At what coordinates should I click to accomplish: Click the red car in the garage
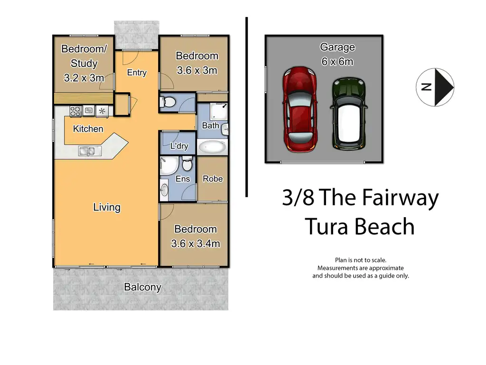tap(300, 110)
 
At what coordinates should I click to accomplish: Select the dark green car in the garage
tap(349, 114)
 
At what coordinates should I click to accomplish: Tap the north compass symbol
tap(435, 87)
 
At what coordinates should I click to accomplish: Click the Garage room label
tap(337, 47)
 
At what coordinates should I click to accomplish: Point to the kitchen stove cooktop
tap(75, 111)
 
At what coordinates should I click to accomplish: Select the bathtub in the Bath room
tap(212, 147)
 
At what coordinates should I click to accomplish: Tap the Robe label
tap(213, 179)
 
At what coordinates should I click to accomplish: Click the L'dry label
tap(179, 146)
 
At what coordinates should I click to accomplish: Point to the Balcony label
tap(142, 287)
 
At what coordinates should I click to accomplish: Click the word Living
tap(107, 207)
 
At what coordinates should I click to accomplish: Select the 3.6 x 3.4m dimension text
tap(196, 244)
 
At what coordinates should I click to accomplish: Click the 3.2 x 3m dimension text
tap(84, 77)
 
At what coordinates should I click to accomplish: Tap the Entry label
tap(137, 73)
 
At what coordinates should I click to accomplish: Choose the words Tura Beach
tap(360, 226)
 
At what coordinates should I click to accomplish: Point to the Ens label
tap(183, 179)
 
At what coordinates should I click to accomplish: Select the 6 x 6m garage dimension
tap(337, 62)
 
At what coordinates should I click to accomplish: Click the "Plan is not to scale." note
tap(361, 260)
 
